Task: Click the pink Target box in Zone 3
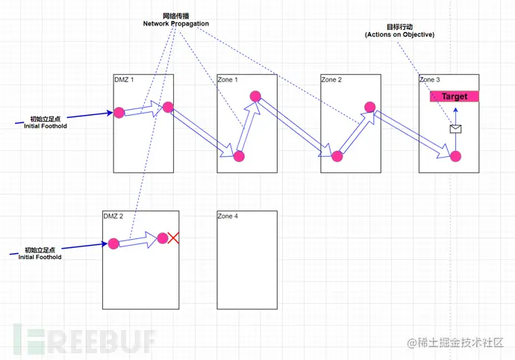tap(454, 96)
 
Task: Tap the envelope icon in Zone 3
tap(455, 128)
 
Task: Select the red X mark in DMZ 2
tap(174, 238)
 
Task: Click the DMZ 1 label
tap(125, 79)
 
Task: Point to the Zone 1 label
tap(228, 79)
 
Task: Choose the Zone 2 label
tap(331, 79)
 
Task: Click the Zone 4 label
tap(228, 216)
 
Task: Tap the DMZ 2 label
tap(113, 216)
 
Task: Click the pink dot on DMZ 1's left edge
tap(119, 113)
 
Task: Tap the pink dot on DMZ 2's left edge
tap(113, 243)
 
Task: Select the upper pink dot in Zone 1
tap(255, 96)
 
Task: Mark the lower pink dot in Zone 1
tap(239, 156)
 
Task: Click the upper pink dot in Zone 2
tap(369, 106)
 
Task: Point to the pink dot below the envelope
tap(455, 156)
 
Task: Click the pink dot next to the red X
tap(163, 238)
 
